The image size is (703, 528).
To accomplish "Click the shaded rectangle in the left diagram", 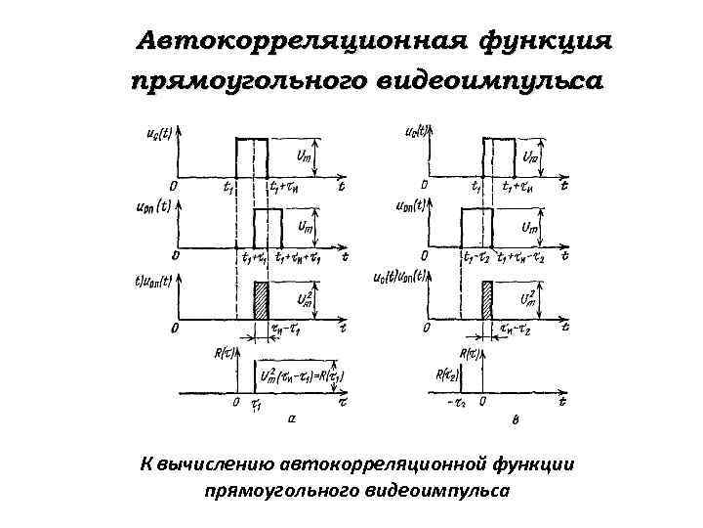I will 261,299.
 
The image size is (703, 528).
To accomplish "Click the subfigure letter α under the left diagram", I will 292,418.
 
